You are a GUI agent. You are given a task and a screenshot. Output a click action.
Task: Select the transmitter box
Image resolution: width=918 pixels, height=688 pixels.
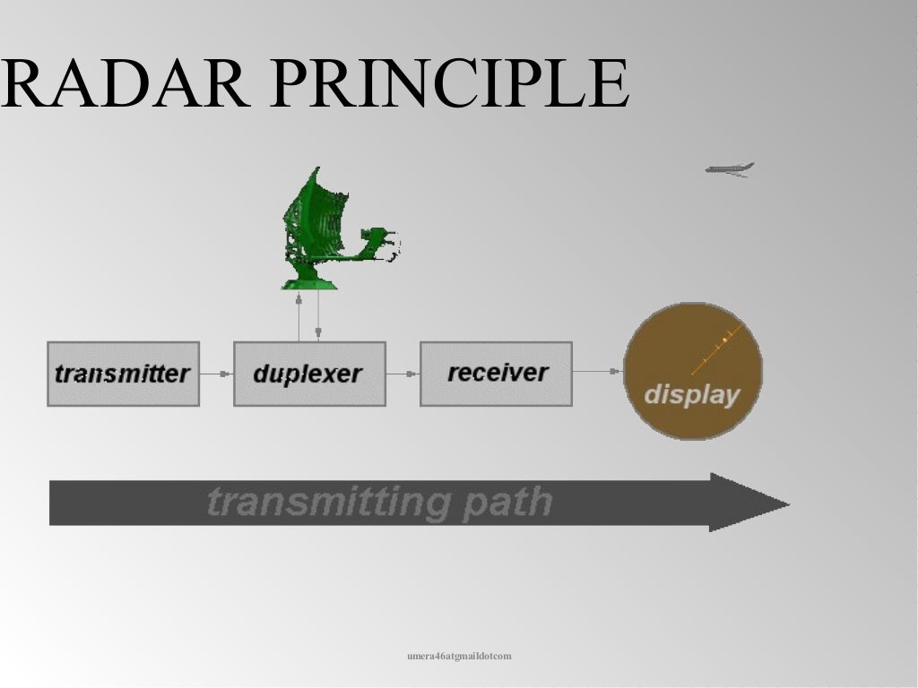(x=123, y=374)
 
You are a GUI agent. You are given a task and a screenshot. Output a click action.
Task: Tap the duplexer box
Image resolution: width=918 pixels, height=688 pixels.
(x=309, y=374)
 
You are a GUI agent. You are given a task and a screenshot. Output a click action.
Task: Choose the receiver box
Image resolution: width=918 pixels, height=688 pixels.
(x=496, y=373)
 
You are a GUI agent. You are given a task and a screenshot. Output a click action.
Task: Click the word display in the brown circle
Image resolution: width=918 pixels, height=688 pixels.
(x=692, y=394)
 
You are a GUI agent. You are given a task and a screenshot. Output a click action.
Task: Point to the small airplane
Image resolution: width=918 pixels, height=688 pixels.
(x=729, y=168)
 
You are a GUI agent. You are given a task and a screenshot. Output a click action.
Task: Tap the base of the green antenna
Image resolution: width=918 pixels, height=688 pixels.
(x=309, y=283)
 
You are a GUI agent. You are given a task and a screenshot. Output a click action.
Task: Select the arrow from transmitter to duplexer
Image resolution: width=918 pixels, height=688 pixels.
(x=216, y=374)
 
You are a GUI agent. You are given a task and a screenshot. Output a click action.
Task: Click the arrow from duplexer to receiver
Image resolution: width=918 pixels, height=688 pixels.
(x=403, y=374)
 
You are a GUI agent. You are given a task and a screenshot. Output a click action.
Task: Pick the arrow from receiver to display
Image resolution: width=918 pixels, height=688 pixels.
(x=597, y=371)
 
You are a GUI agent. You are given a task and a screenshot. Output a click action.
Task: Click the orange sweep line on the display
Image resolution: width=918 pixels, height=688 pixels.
(x=714, y=351)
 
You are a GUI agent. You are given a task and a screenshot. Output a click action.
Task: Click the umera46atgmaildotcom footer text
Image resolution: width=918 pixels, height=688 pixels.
(x=459, y=657)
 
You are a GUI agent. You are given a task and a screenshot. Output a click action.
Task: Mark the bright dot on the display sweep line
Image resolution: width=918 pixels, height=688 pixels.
(x=724, y=341)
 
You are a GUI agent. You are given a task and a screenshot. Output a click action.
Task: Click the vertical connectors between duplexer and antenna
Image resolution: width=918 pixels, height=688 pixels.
(x=308, y=317)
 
